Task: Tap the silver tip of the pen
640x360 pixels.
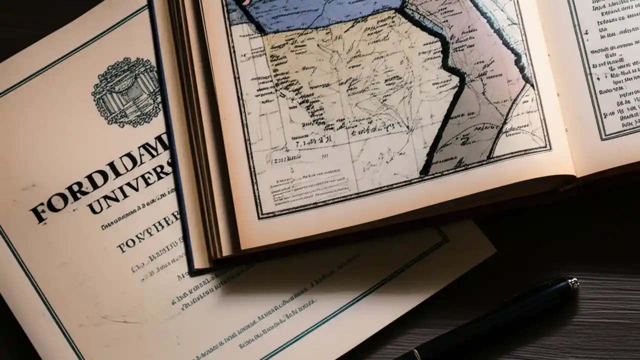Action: click(x=569, y=285)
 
